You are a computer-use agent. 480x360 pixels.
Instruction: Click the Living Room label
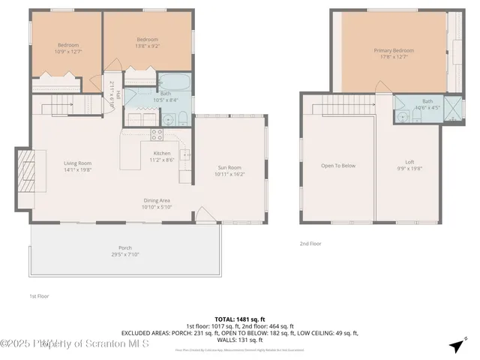[x=77, y=163]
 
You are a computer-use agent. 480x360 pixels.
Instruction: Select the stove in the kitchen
[x=157, y=135]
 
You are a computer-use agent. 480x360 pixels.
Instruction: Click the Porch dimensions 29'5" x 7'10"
[x=124, y=254]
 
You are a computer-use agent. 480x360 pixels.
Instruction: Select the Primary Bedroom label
[x=394, y=50]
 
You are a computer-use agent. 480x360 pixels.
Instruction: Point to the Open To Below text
[x=338, y=166]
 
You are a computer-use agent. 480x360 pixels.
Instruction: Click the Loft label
[x=409, y=162]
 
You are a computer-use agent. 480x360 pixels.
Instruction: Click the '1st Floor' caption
[x=40, y=295]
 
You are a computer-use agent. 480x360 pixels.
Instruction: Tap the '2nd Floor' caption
[x=310, y=243]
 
